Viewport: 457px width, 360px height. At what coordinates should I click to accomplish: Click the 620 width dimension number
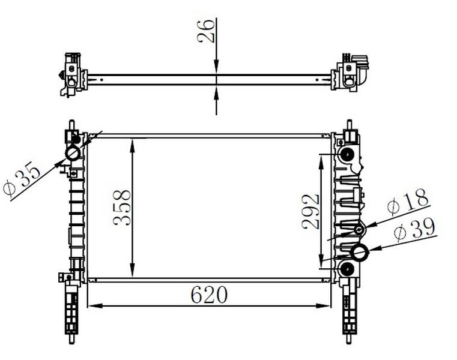[x=208, y=295]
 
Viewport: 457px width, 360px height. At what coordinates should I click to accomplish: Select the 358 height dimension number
[x=122, y=208]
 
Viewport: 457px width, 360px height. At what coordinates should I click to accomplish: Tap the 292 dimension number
[x=310, y=211]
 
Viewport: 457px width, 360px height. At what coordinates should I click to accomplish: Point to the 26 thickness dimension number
[x=206, y=31]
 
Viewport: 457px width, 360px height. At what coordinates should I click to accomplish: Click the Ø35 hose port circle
[x=73, y=153]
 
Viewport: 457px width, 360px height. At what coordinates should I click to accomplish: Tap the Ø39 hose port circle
[x=360, y=252]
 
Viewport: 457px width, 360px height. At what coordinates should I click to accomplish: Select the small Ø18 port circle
[x=359, y=230]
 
